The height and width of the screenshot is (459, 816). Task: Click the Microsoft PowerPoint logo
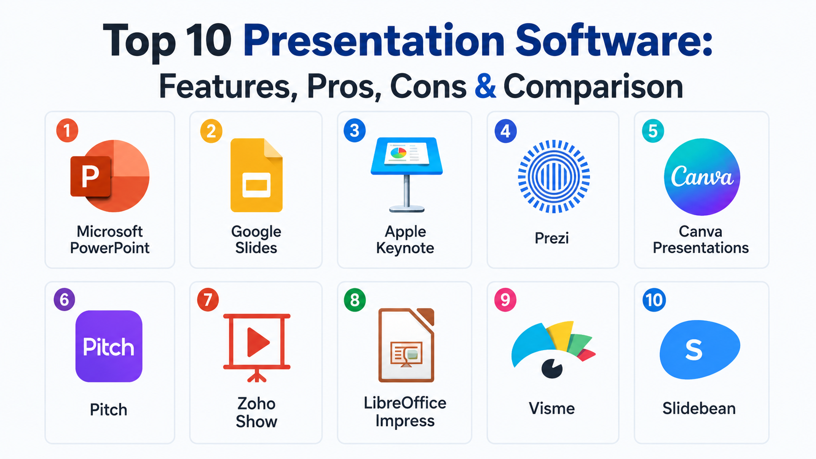[x=110, y=176]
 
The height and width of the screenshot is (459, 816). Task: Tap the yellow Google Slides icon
[x=256, y=175]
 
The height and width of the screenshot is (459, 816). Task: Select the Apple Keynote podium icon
[x=407, y=175]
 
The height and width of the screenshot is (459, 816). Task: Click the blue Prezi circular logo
[x=554, y=177]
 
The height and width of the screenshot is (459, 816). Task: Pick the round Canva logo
[x=702, y=177]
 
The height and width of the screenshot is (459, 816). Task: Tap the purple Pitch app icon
[x=109, y=346]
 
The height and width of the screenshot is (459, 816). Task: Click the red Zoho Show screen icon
[x=257, y=348]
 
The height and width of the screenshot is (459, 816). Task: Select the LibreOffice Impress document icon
[x=407, y=345]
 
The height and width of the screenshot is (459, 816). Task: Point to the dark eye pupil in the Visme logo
[x=551, y=369]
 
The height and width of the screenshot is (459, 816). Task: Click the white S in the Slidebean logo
[x=694, y=350]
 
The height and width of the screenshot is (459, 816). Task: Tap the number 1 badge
[x=67, y=130]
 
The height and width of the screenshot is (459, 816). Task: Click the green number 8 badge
[x=355, y=300]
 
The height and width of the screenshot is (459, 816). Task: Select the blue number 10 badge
[x=654, y=300]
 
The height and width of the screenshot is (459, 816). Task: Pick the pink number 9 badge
[x=505, y=300]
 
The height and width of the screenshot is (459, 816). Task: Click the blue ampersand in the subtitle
[x=485, y=86]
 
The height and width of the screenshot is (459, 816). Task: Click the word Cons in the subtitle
[x=428, y=86]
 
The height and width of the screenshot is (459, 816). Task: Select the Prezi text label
[x=552, y=238]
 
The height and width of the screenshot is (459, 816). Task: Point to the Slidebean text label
[x=699, y=408]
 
